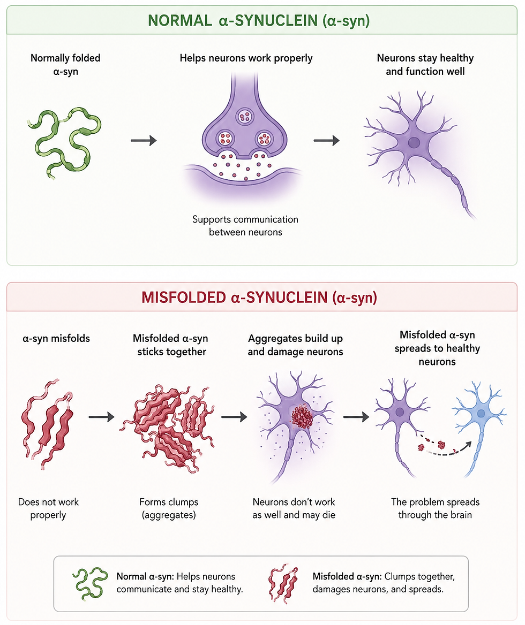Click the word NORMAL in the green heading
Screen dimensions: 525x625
click(x=179, y=20)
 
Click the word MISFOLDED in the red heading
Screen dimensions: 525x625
click(x=184, y=298)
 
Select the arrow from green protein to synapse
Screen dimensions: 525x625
click(x=144, y=140)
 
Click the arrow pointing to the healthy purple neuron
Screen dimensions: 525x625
click(x=326, y=140)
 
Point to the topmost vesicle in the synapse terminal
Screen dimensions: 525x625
click(x=244, y=117)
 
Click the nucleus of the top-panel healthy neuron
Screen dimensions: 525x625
click(x=414, y=143)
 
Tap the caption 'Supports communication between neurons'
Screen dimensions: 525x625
click(x=245, y=226)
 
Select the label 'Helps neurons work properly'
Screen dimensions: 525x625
click(x=246, y=58)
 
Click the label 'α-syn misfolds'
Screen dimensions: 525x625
click(x=56, y=338)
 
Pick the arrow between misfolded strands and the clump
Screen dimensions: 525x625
click(x=101, y=417)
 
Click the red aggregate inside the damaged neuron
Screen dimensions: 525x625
click(x=302, y=416)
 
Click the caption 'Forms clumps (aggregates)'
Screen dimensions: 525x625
click(x=169, y=508)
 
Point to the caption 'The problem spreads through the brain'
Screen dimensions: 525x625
click(x=435, y=508)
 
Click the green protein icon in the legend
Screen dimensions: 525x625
click(x=90, y=583)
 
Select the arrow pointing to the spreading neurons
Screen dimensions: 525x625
click(x=356, y=417)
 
